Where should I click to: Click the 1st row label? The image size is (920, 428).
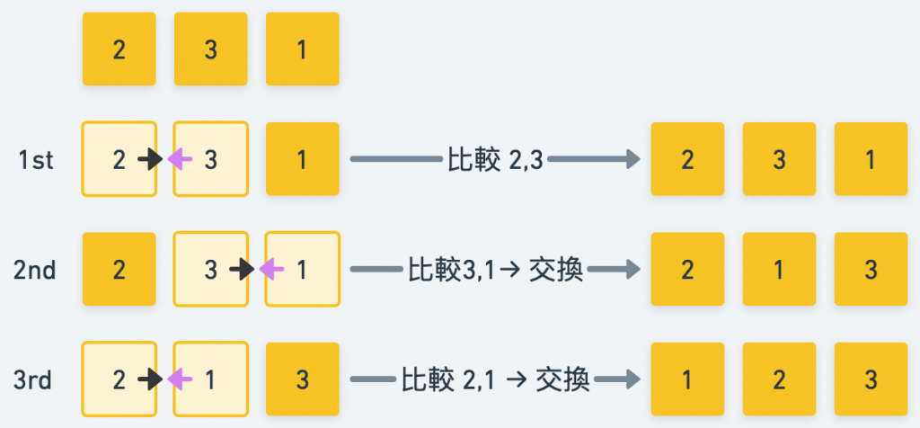[x=36, y=160]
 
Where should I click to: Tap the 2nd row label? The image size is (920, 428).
[x=36, y=270]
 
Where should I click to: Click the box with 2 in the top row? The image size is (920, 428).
[x=119, y=49]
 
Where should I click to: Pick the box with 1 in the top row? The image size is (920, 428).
[x=303, y=49]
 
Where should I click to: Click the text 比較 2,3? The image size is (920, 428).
[x=495, y=160]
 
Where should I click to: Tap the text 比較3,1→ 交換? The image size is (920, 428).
[x=495, y=270]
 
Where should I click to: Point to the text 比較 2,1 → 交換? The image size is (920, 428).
[x=495, y=379]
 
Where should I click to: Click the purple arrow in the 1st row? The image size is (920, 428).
[x=181, y=160]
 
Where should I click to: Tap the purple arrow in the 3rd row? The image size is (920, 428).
[x=181, y=379]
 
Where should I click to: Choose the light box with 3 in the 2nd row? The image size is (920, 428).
[x=211, y=270]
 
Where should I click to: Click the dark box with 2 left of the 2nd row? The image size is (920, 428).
[x=119, y=270]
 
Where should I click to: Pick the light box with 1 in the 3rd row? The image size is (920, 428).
[x=211, y=379]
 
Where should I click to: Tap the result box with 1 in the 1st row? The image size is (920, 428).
[x=871, y=160]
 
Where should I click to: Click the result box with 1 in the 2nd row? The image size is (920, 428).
[x=779, y=270]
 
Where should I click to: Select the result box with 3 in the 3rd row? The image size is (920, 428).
[x=871, y=379]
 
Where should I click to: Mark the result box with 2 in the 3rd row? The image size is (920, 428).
[x=779, y=379]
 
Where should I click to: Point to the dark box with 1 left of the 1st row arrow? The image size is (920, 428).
[x=303, y=160]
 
